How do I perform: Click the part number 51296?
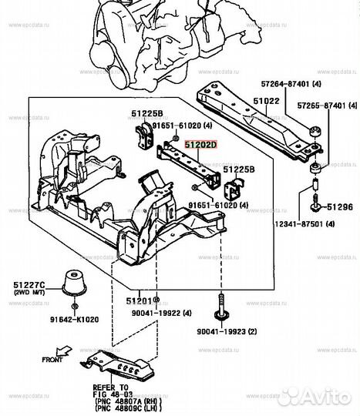pos(339,206)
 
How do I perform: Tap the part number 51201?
pos(136,301)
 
